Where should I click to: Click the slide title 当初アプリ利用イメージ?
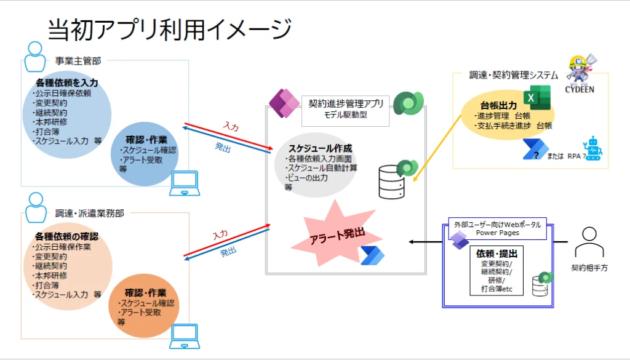pos(169,28)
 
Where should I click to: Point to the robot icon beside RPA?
pos(592,149)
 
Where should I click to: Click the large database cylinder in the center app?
pos(392,182)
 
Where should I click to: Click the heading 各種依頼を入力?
pos(66,82)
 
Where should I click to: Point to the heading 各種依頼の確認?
pos(66,236)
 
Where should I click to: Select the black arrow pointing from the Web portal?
pos(426,241)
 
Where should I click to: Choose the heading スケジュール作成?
pos(321,148)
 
